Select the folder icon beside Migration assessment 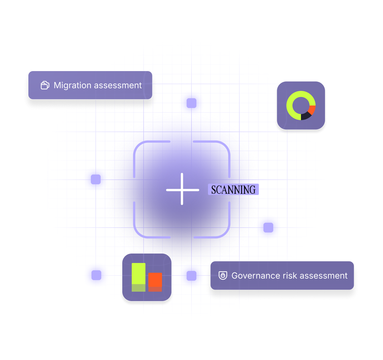click(45, 85)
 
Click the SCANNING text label click(233, 190)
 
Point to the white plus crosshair click(182, 189)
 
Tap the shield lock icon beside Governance click(223, 275)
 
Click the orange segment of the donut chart click(312, 109)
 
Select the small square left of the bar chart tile click(96, 275)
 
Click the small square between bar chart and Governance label click(191, 276)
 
